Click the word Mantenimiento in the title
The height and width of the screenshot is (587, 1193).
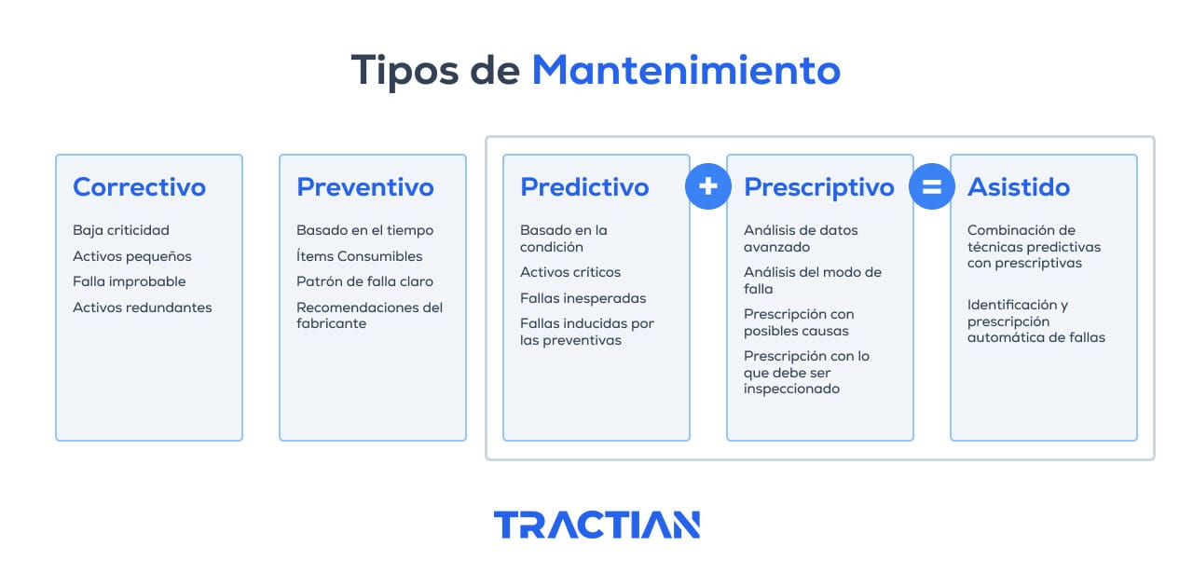pos(686,71)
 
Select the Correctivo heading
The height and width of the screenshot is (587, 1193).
pos(139,187)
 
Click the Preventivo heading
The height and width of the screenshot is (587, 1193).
pos(365,187)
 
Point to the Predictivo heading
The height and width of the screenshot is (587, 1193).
pos(584,187)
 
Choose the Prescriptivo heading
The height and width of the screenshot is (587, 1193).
pos(819,187)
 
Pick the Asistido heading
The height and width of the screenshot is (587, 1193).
pos(1019,187)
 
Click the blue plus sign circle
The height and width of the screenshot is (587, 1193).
pos(708,186)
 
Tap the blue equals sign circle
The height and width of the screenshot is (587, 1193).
pos(932,186)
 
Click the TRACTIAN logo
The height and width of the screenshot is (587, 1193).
pos(596,525)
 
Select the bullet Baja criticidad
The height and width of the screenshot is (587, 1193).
pos(121,230)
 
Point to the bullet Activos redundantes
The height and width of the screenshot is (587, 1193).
pos(143,307)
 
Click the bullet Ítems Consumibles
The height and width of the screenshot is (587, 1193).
pos(360,256)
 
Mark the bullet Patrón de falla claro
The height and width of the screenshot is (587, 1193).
pos(364,281)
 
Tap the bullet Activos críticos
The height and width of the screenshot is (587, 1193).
pos(570,272)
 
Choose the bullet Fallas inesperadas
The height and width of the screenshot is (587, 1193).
pos(583,298)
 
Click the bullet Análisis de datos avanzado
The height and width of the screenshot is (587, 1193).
pos(801,239)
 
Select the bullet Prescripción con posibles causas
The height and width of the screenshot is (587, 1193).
pos(799,322)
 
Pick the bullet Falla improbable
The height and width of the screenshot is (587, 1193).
pos(130,281)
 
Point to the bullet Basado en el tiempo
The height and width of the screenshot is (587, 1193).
pos(365,230)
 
